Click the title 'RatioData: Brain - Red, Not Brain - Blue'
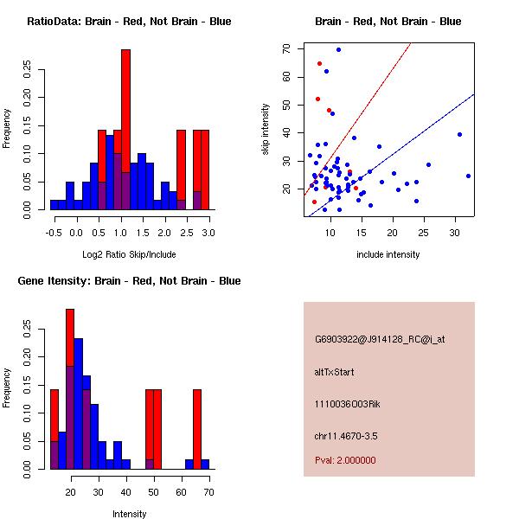tap(129, 22)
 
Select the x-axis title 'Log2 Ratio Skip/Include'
tap(129, 254)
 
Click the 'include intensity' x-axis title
tap(388, 254)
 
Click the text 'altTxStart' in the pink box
tap(335, 372)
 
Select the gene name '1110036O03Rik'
tap(348, 404)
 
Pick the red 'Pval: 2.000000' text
tap(345, 460)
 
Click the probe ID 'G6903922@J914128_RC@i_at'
tap(380, 340)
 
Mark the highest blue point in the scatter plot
tap(338, 49)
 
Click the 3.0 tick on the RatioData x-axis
tap(208, 233)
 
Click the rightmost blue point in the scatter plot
tap(468, 176)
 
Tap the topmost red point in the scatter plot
tap(319, 63)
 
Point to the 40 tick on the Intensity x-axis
tap(126, 492)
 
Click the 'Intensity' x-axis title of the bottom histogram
tap(129, 514)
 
